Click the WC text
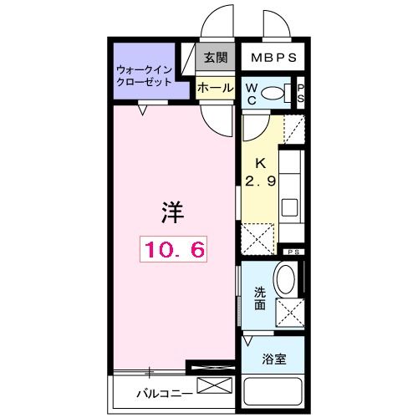(251, 94)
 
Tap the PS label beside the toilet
(301, 94)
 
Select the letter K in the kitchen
(260, 164)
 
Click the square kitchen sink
(291, 207)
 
